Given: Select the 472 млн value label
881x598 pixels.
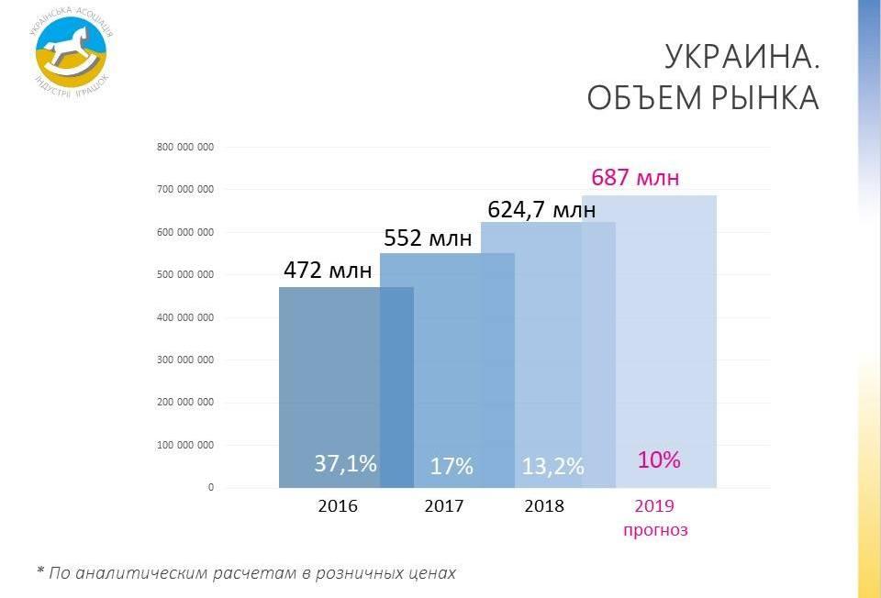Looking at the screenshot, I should point(328,271).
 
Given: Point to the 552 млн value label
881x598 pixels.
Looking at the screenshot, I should point(428,238).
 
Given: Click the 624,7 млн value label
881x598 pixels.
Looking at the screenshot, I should point(541,210).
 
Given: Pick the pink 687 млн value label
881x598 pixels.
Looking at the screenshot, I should point(635,177).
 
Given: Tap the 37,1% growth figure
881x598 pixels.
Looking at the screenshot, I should point(345,463).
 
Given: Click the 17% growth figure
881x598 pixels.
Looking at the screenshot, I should point(452,466).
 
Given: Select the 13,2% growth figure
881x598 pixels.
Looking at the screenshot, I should point(552,466).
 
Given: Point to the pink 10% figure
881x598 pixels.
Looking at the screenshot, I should point(659,460).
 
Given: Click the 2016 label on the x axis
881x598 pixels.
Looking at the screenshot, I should point(338,505).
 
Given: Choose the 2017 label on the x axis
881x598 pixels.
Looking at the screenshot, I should point(444,505).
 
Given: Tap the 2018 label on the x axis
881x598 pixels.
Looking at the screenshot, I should point(544,505).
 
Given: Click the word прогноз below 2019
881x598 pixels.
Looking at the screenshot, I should point(655,529).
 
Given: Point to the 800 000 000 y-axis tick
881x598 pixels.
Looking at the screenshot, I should point(185,147).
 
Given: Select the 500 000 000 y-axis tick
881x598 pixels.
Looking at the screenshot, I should point(185,274).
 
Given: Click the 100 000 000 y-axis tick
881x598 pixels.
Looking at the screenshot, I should point(185,445).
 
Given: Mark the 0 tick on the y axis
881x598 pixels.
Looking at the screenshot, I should point(210,487).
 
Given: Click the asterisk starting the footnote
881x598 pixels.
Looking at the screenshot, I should point(40,571).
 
